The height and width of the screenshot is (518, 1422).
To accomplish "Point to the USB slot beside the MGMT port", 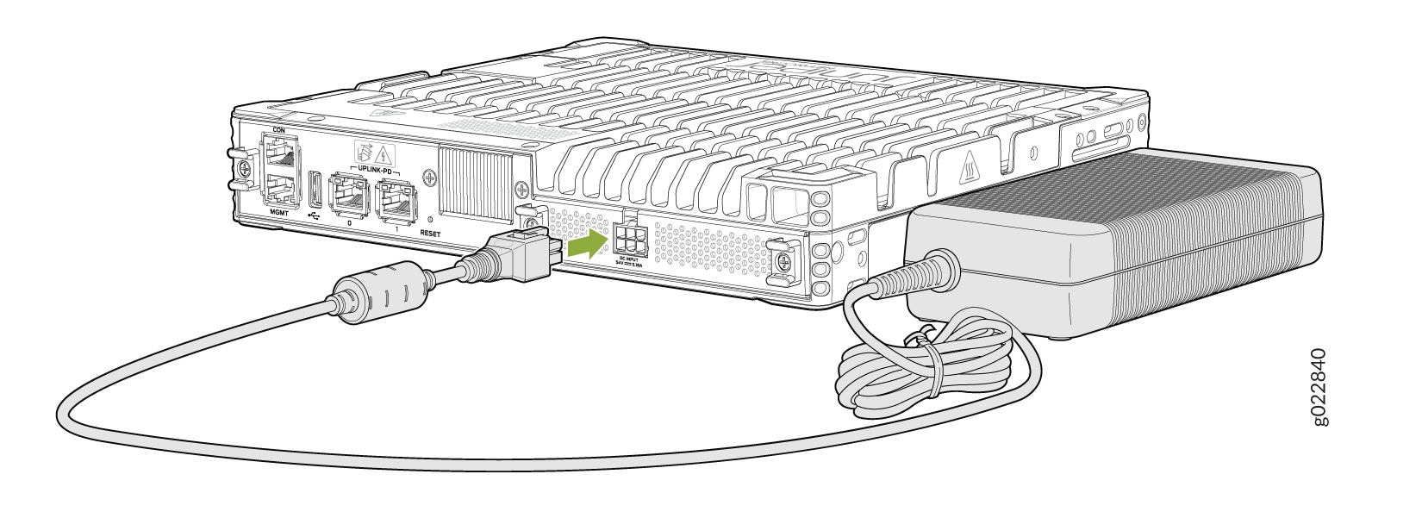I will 314,189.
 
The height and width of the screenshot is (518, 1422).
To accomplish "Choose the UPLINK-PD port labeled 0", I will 348,197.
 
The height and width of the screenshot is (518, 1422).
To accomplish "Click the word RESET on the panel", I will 430,234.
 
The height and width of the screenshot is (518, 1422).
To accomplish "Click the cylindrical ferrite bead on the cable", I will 382,292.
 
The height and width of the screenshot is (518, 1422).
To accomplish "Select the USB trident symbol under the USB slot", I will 313,215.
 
